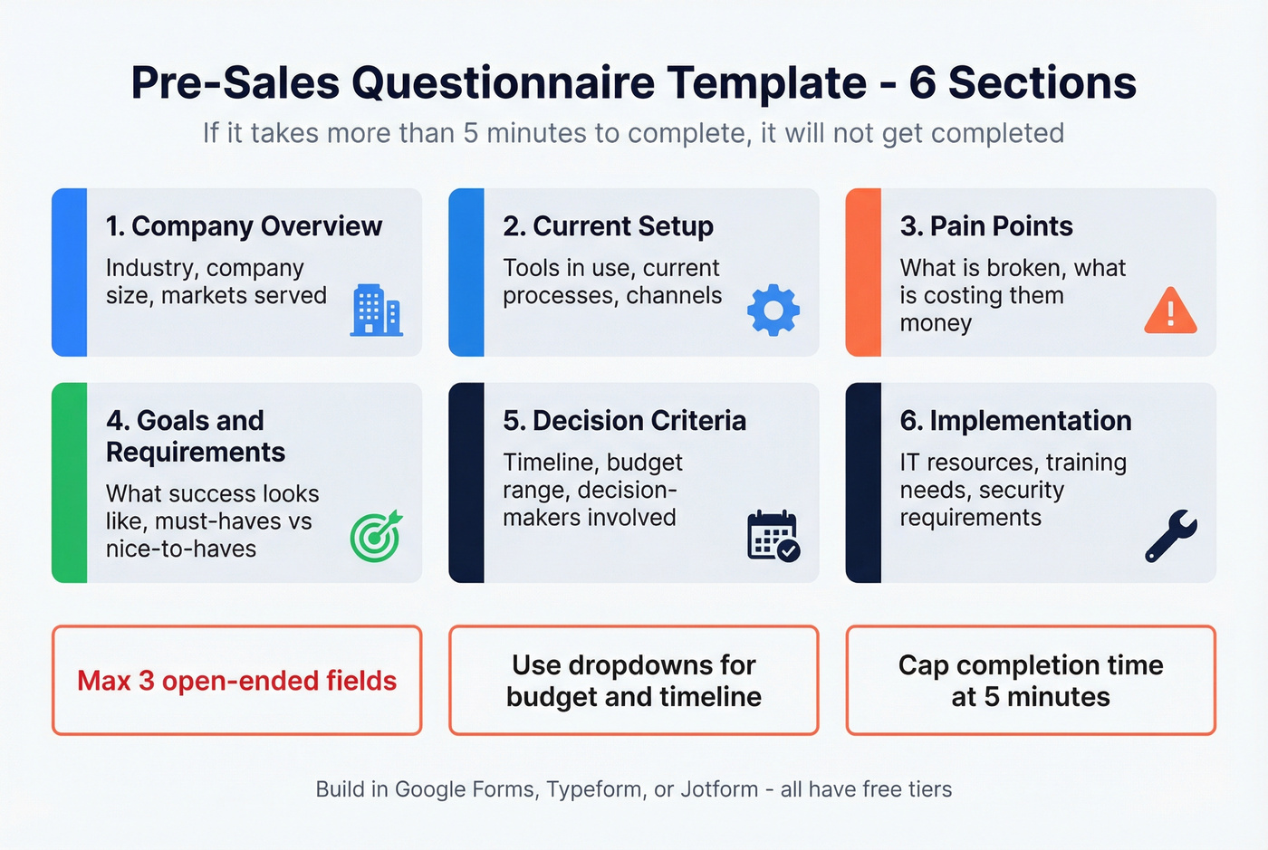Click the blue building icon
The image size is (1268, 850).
(376, 310)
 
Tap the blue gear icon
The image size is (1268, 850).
(773, 310)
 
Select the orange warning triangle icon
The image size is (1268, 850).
(1170, 310)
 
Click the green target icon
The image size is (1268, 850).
(376, 536)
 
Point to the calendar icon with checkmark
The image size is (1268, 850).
(773, 536)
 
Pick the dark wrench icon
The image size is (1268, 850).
(1170, 536)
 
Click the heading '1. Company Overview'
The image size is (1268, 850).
(244, 226)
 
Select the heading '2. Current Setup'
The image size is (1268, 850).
(608, 226)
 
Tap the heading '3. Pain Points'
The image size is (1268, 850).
(985, 226)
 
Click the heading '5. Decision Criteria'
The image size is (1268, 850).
(624, 421)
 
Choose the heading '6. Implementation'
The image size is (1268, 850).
(1015, 421)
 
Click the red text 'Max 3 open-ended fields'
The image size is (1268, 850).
(237, 681)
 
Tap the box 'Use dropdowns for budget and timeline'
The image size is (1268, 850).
(634, 681)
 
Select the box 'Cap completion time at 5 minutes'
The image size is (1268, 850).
(1031, 681)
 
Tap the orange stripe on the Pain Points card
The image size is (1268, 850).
(863, 272)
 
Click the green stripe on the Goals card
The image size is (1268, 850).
(69, 482)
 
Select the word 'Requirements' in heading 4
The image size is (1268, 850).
(196, 453)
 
